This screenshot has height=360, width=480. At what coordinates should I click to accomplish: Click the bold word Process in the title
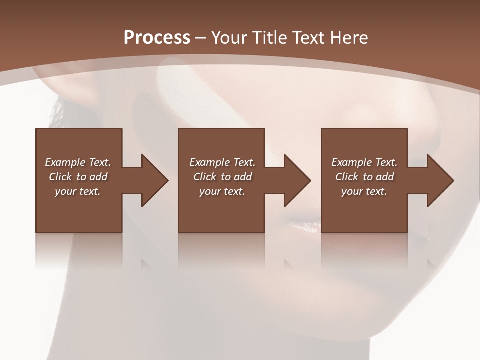(x=157, y=38)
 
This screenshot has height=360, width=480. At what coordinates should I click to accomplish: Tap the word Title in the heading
(x=269, y=38)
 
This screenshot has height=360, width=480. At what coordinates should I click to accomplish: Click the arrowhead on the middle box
(x=297, y=180)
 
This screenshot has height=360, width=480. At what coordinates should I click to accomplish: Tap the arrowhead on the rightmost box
(x=440, y=180)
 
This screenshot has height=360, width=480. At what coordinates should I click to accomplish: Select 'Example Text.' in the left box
(x=78, y=162)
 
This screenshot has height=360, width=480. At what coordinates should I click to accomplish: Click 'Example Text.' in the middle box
(x=222, y=162)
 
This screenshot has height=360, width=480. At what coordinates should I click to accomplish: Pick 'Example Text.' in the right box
(x=364, y=162)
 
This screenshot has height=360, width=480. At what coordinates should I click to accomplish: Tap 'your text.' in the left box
(x=78, y=191)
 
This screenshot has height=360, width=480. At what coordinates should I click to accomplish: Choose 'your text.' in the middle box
(x=222, y=191)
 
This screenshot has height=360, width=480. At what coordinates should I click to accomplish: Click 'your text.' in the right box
(x=364, y=191)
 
